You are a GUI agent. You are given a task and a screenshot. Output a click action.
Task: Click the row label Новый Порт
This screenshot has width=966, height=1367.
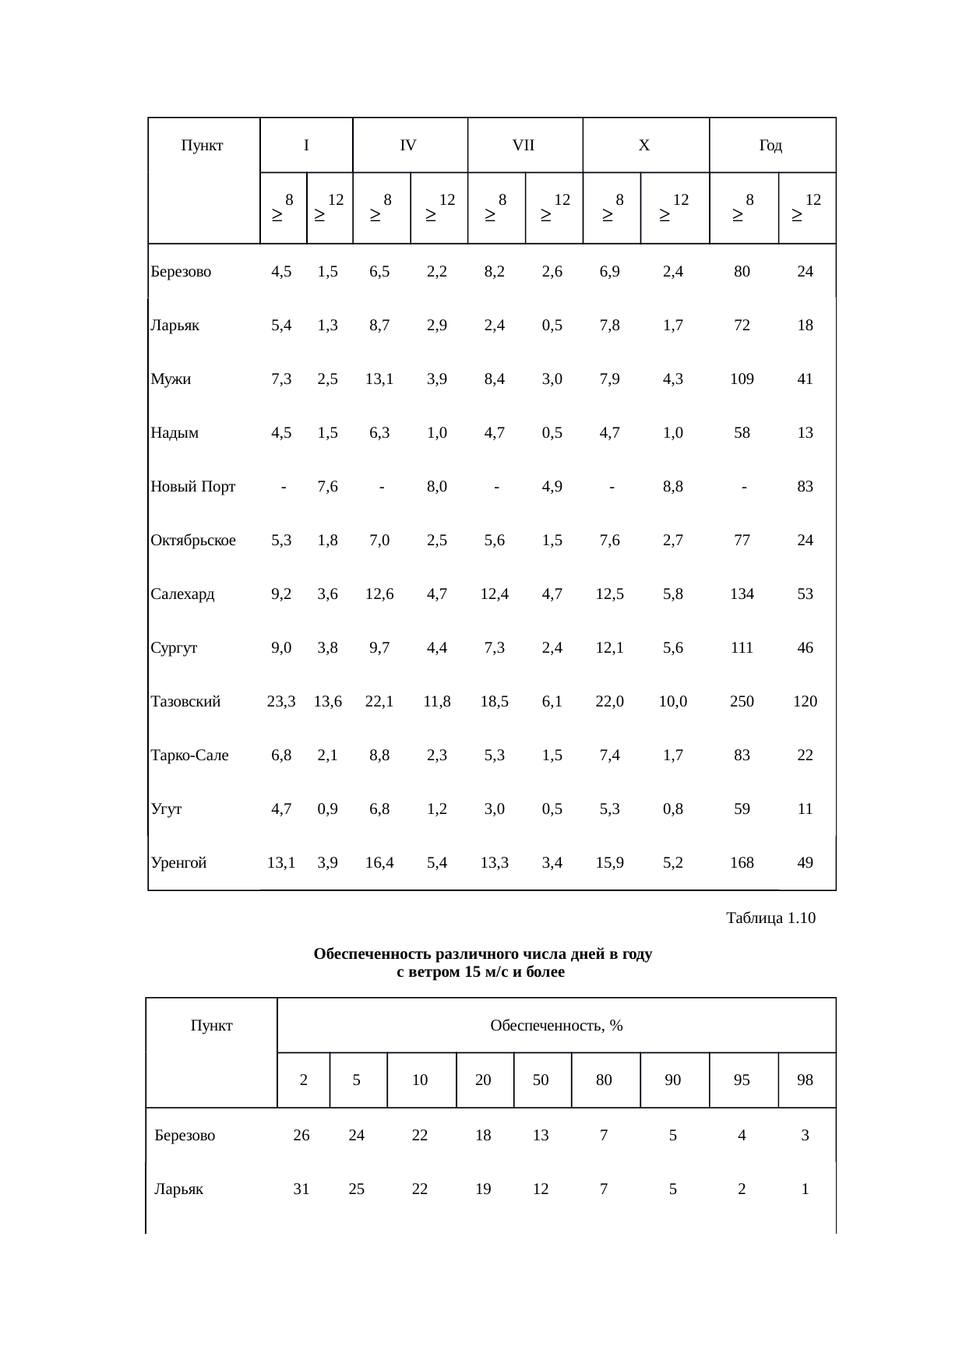193,487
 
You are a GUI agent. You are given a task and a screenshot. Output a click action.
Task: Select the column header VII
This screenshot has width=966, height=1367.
524,145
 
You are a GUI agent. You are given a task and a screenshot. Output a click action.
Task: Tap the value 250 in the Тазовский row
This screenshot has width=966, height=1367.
742,702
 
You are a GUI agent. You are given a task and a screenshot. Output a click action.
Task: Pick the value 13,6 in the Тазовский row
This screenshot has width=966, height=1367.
328,702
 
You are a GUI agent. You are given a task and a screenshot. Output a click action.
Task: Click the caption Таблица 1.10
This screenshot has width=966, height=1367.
770,918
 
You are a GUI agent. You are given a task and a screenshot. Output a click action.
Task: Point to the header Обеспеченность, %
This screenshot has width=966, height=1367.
556,1025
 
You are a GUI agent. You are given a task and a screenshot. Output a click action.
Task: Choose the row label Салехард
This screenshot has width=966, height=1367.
182,594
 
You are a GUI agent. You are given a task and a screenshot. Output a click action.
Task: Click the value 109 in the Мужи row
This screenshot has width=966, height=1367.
742,379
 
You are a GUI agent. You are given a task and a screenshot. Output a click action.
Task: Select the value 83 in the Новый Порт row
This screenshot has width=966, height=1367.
806,487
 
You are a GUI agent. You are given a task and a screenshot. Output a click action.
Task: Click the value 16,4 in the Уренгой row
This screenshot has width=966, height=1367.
379,862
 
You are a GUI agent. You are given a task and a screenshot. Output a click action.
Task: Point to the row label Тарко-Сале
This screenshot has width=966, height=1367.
190,756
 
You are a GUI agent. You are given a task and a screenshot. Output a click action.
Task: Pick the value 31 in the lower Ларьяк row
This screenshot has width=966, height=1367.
301,1189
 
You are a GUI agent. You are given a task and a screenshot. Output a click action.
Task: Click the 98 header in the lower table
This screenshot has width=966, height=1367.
806,1080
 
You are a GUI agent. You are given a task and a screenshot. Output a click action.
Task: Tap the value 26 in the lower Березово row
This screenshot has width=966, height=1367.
301,1136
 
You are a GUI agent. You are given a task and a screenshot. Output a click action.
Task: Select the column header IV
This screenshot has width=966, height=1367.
408,145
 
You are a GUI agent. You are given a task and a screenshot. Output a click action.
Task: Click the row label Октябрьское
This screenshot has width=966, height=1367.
193,541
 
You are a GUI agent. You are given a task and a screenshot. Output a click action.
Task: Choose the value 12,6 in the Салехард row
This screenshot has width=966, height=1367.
379,594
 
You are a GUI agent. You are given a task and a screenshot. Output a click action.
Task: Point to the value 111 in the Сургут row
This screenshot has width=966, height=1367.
742,648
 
